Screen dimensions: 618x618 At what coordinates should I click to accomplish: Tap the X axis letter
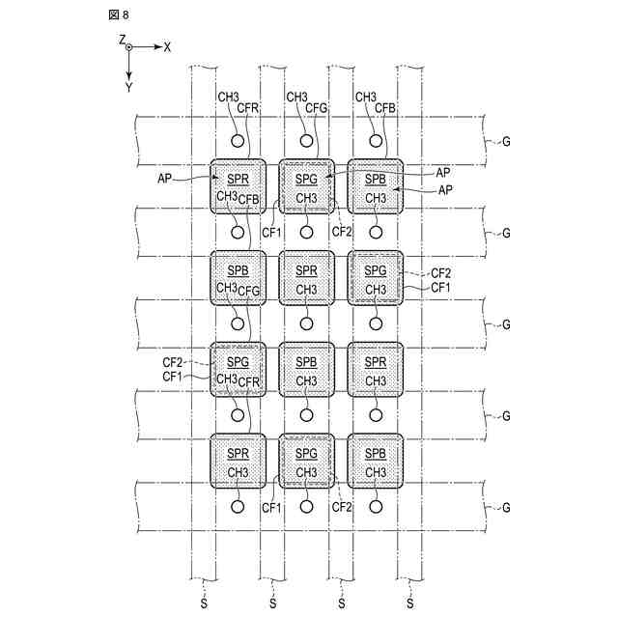(x=167, y=46)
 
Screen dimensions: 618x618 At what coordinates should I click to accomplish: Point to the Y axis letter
(x=128, y=87)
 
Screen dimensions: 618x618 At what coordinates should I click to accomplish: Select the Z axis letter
(x=123, y=39)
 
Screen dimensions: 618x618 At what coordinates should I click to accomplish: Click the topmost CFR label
(x=248, y=108)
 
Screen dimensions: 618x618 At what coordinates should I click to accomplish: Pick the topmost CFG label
(x=317, y=108)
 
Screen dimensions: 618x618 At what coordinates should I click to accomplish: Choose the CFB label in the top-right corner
(x=385, y=108)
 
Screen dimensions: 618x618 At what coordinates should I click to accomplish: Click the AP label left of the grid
(x=165, y=179)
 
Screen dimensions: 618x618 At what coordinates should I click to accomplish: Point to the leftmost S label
(x=203, y=604)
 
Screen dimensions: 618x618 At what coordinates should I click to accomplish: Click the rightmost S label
(x=410, y=604)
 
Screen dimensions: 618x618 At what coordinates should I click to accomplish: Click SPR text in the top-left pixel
(x=238, y=180)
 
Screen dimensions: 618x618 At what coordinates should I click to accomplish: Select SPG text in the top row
(x=306, y=180)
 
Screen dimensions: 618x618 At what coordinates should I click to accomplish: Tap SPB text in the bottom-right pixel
(x=376, y=454)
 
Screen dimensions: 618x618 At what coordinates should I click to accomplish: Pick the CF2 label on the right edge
(x=440, y=273)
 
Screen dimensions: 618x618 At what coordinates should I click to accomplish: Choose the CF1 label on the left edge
(x=174, y=376)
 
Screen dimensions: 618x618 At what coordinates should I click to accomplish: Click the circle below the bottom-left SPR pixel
(x=238, y=506)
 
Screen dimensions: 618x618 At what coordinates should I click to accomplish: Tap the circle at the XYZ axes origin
(x=128, y=46)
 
